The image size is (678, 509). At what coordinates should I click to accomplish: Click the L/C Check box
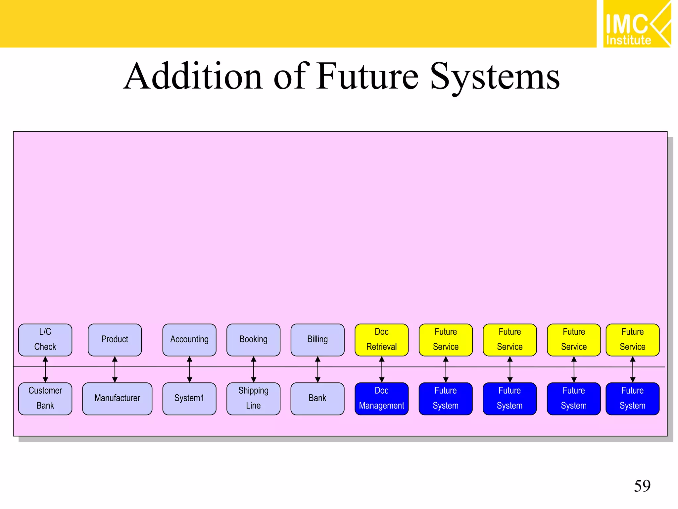(45, 340)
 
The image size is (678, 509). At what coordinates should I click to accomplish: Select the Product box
(115, 340)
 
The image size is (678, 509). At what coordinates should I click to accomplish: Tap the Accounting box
(189, 340)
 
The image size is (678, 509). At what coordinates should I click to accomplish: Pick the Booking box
(253, 340)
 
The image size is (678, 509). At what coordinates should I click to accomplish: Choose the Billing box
(317, 340)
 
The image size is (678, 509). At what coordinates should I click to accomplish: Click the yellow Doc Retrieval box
(381, 340)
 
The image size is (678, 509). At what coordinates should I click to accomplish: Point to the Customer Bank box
(45, 398)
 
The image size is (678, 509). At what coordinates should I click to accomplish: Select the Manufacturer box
(117, 398)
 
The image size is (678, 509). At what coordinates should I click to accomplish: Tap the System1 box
(189, 398)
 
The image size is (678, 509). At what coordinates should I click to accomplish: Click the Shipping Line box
(253, 398)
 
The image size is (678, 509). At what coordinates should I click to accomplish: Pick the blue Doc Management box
(381, 398)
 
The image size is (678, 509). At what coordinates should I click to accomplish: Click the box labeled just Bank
(317, 398)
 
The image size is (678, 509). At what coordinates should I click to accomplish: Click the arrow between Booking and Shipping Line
(254, 369)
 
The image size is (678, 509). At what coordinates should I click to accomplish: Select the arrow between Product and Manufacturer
(115, 369)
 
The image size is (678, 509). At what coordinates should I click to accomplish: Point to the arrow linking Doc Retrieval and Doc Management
(382, 369)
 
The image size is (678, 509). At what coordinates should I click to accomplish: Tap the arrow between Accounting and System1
(190, 369)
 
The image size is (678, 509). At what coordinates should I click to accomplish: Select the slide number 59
(642, 486)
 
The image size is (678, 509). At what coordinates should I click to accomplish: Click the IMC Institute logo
(637, 24)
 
